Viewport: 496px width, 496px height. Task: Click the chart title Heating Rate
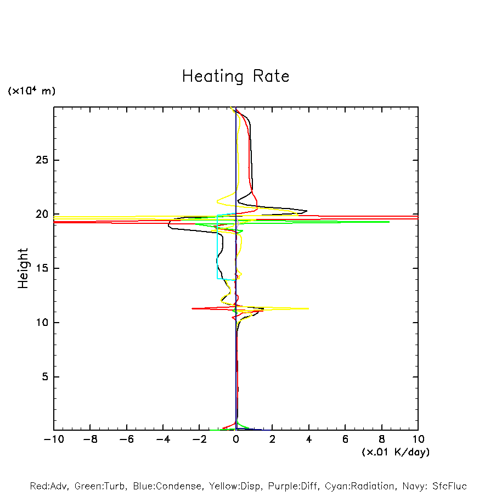coord(235,76)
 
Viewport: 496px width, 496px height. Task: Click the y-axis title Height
coord(23,268)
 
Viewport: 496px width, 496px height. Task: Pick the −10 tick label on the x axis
coord(53,439)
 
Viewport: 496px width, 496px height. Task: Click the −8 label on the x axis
coord(90,439)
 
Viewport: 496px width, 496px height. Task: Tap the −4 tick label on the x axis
coord(163,439)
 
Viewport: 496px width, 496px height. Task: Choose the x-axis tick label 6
coord(345,439)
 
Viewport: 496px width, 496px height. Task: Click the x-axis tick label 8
coord(382,439)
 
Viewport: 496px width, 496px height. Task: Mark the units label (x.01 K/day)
coord(395,452)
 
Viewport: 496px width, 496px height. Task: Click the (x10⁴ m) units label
coord(31,91)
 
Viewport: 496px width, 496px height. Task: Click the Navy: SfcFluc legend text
coord(434,486)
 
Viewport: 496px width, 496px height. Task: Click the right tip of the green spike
coord(388,222)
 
